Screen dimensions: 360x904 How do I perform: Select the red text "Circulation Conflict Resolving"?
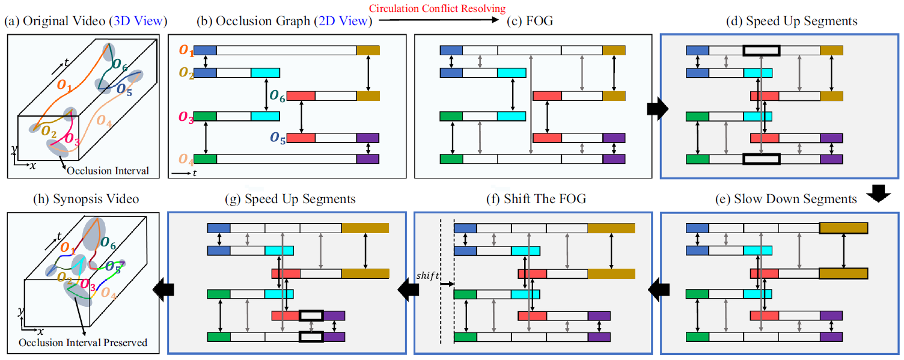tap(437, 8)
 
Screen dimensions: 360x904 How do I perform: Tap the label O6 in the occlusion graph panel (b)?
tap(277, 95)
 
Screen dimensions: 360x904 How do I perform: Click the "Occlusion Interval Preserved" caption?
tap(83, 343)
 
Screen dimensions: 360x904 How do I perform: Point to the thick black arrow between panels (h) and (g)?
tap(163, 290)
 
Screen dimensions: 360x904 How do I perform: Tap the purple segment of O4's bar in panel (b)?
tap(367, 159)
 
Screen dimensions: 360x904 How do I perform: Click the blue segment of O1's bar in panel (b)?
tap(205, 50)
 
